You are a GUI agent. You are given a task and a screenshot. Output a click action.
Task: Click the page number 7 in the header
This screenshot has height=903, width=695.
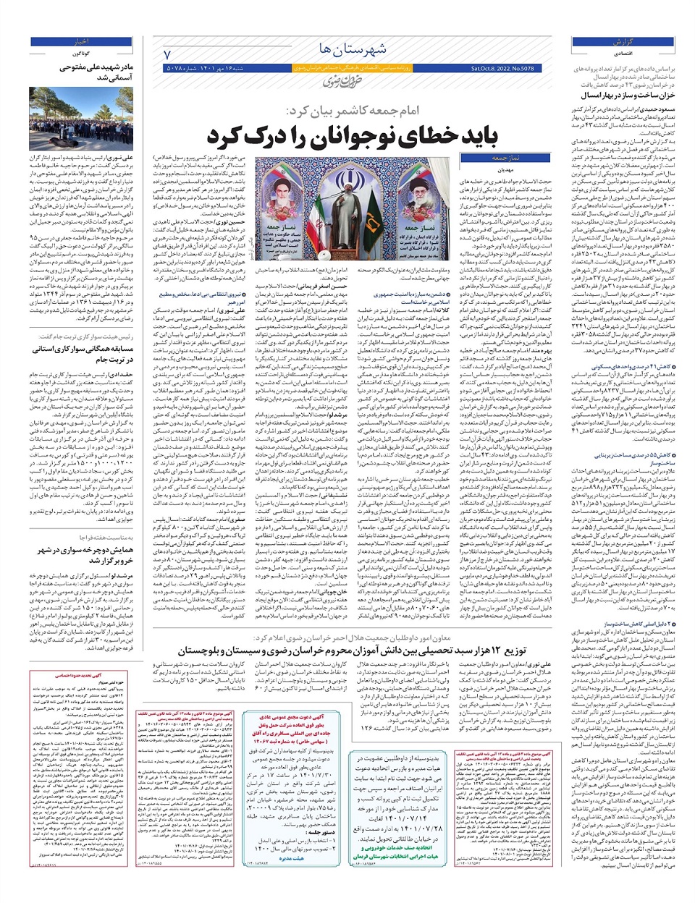tap(167, 54)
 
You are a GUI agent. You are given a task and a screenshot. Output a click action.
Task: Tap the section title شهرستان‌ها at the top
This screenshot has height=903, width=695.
tap(353, 49)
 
